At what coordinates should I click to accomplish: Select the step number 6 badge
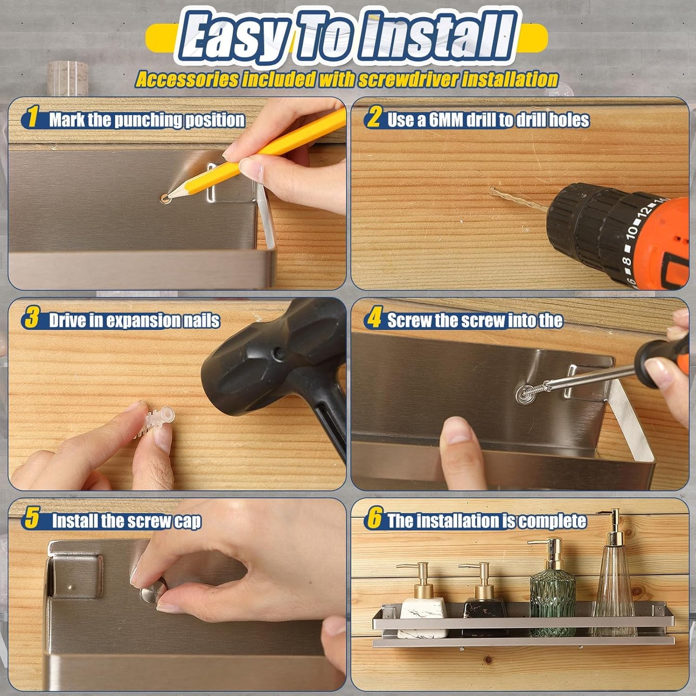tap(374, 519)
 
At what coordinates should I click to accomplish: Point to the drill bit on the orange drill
tap(518, 198)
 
